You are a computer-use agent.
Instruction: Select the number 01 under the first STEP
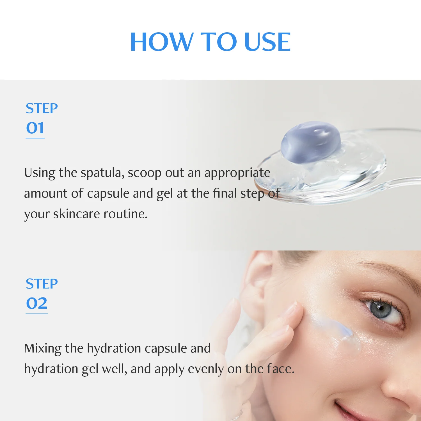tap(35, 128)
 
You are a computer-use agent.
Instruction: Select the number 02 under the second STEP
tap(37, 303)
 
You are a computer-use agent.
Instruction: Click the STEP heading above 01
tap(42, 108)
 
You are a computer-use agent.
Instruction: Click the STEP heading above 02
tap(42, 284)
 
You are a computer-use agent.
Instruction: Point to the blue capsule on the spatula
tap(311, 142)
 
